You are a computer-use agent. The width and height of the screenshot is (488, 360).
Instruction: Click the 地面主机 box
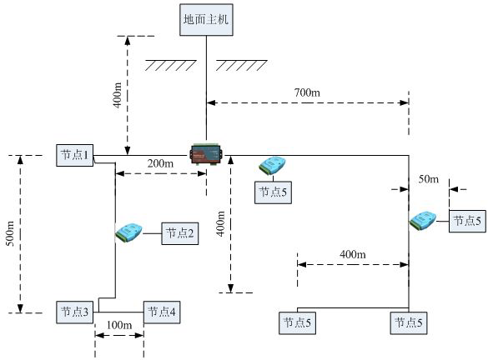coord(207,19)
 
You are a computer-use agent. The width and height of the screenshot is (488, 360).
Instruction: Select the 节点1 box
coord(74,155)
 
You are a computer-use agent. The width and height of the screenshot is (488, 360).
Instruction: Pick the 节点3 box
coord(74,312)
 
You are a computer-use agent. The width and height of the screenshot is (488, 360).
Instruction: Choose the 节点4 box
coord(161,312)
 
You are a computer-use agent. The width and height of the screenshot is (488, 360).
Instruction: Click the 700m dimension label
coord(306,92)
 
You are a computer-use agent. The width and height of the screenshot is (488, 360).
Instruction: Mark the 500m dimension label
coord(10,234)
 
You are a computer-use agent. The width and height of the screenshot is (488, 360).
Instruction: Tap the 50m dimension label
coord(428,179)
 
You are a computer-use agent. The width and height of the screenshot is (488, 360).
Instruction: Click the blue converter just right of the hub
coord(274,164)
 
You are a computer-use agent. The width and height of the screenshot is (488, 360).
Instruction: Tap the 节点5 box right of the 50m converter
coord(467,221)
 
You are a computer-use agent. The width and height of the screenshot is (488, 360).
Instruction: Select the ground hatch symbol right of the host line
coord(241,65)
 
